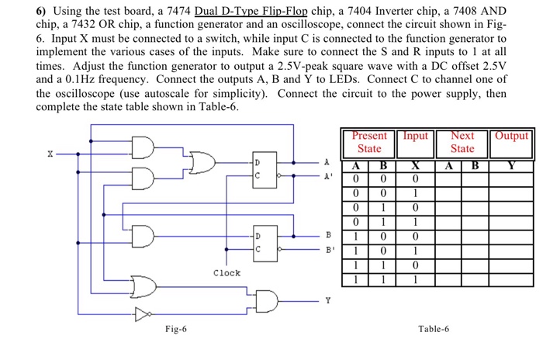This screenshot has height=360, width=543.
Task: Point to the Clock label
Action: click(227, 273)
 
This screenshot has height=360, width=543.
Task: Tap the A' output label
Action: click(327, 175)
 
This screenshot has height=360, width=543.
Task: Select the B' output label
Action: click(327, 249)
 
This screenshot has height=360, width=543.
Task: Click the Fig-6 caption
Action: click(175, 329)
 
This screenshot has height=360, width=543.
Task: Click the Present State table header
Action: click(368, 141)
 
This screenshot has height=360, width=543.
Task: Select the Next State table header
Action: click(462, 141)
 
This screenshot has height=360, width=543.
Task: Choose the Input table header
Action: click(415, 136)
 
